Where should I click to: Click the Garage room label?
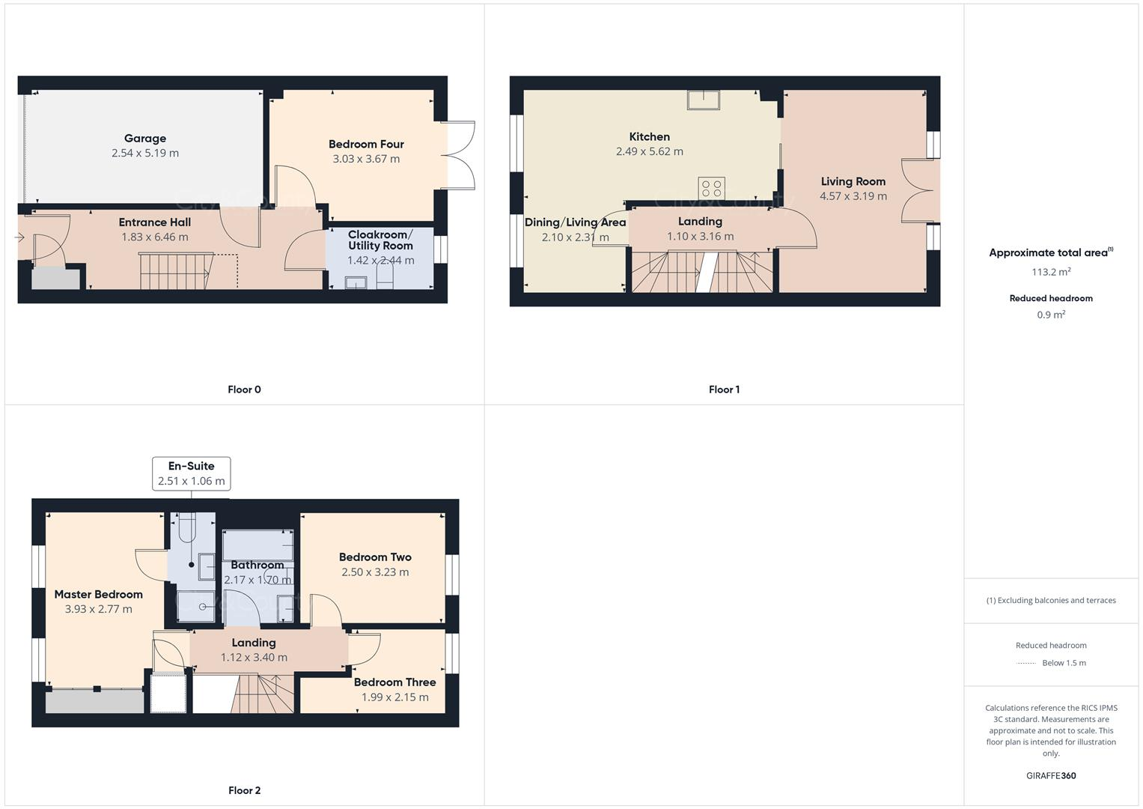pyautogui.click(x=145, y=139)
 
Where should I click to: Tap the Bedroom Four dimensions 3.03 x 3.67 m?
pyautogui.click(x=366, y=159)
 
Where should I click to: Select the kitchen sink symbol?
pyautogui.click(x=703, y=100)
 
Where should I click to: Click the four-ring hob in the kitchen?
pyautogui.click(x=712, y=188)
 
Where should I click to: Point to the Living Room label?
pyautogui.click(x=853, y=181)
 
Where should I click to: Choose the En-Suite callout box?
pyautogui.click(x=191, y=473)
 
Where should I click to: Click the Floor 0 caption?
pyautogui.click(x=244, y=390)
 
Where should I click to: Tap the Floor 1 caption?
pyautogui.click(x=724, y=390)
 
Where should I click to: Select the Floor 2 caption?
pyautogui.click(x=244, y=790)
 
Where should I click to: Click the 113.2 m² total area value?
pyautogui.click(x=1051, y=272)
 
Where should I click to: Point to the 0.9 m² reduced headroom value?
pyautogui.click(x=1051, y=315)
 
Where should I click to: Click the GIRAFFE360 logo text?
pyautogui.click(x=1051, y=776)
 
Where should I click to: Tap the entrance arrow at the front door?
pyautogui.click(x=19, y=238)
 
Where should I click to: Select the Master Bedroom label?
pyautogui.click(x=98, y=595)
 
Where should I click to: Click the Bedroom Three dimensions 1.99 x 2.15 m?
pyautogui.click(x=394, y=697)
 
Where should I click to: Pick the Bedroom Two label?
pyautogui.click(x=375, y=557)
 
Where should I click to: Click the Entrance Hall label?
pyautogui.click(x=154, y=222)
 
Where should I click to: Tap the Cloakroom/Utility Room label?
pyautogui.click(x=380, y=240)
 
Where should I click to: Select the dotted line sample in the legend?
pyautogui.click(x=1026, y=663)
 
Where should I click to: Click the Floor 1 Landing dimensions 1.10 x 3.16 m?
pyautogui.click(x=700, y=237)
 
